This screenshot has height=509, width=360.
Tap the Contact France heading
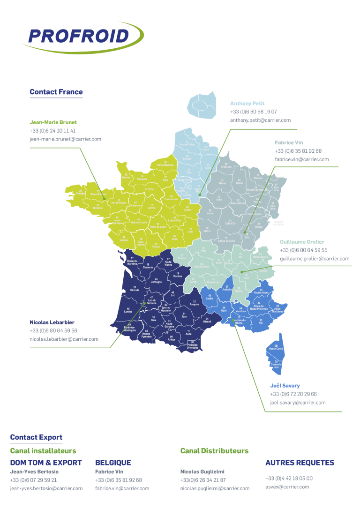pyautogui.click(x=56, y=92)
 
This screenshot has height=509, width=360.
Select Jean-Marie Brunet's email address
pyautogui.click(x=65, y=139)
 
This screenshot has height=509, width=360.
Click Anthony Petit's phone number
pyautogui.click(x=253, y=112)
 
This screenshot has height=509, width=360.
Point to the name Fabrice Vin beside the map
pyautogui.click(x=289, y=142)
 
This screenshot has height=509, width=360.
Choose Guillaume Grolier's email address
pyautogui.click(x=314, y=259)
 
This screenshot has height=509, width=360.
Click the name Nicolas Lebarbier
pyautogui.click(x=52, y=322)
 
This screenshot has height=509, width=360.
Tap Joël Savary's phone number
pyautogui.click(x=293, y=394)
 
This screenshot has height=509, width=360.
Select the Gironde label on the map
pyautogui.click(x=135, y=289)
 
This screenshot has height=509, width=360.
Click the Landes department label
pyautogui.click(x=128, y=310)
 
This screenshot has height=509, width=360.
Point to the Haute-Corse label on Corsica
pyautogui.click(x=275, y=349)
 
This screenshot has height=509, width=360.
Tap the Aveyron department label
pyautogui.click(x=195, y=303)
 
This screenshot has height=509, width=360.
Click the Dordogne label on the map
pyautogui.click(x=156, y=281)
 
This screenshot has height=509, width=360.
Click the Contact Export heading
pyautogui.click(x=36, y=437)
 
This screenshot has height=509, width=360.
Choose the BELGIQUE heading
pyautogui.click(x=113, y=463)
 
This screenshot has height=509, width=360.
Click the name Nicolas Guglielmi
pyautogui.click(x=203, y=472)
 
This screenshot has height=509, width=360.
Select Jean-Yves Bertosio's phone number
pyautogui.click(x=33, y=480)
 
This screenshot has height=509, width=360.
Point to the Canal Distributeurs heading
pyautogui.click(x=214, y=451)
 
